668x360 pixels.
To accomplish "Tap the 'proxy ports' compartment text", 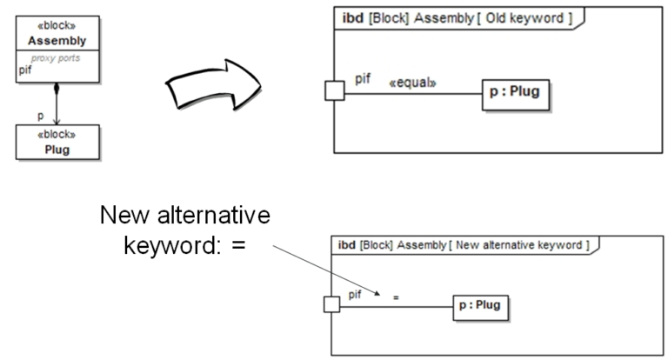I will click(56, 59).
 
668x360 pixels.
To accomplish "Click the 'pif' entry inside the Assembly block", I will click(24, 70).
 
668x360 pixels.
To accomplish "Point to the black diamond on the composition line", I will click(57, 89).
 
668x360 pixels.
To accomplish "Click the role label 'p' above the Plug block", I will click(40, 115).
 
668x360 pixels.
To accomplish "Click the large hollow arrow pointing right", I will click(215, 84).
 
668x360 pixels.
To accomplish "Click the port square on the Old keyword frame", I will click(334, 90).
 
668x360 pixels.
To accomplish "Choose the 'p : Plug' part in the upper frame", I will click(517, 93).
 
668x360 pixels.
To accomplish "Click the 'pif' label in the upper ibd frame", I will click(364, 79).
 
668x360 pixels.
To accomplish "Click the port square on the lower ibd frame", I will click(331, 305).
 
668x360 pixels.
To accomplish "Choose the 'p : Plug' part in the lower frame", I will click(480, 305).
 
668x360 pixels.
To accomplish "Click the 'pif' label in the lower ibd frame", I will click(355, 295).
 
